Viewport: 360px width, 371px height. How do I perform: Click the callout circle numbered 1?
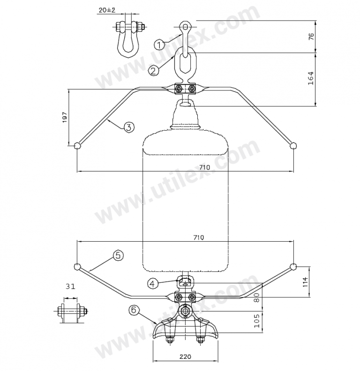tap(160, 45)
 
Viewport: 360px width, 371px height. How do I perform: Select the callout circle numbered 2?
tap(153, 71)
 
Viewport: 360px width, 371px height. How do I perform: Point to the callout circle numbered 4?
tap(152, 283)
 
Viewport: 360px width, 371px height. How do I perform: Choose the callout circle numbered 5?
tap(118, 255)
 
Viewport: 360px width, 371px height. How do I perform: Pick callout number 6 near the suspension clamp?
tap(134, 310)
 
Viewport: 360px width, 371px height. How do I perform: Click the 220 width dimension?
tap(186, 356)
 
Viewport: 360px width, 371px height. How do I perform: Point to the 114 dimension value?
tap(305, 281)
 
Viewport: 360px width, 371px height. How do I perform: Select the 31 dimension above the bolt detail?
tap(70, 286)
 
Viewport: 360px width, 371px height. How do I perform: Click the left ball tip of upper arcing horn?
tap(78, 146)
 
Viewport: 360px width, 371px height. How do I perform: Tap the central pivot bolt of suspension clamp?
tap(186, 310)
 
